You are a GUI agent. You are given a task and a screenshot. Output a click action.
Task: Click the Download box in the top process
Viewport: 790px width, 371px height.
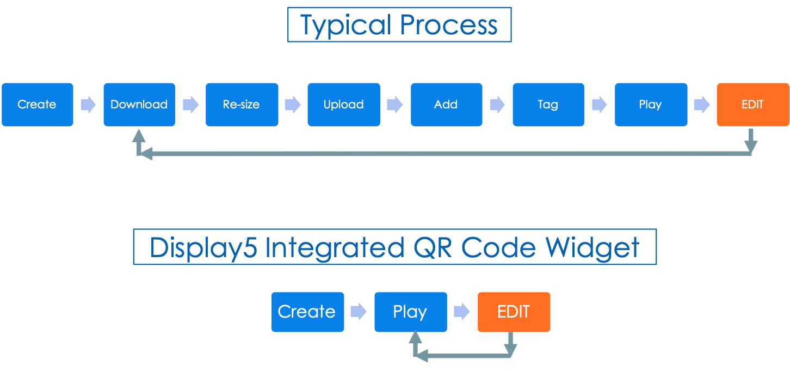[139, 105]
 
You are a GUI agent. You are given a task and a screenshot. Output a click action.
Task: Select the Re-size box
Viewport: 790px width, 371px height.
[242, 105]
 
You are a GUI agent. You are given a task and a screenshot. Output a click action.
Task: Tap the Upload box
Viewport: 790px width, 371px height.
[343, 105]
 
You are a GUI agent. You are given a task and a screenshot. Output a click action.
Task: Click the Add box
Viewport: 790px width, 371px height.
[446, 105]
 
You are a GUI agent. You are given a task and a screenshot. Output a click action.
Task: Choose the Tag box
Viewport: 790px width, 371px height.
[548, 105]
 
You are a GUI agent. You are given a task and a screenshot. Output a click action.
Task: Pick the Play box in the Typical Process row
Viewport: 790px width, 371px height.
[651, 105]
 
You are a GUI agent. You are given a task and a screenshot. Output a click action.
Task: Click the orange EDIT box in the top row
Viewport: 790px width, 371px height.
[752, 105]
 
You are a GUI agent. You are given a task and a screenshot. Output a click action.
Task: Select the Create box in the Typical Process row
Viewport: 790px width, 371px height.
[37, 105]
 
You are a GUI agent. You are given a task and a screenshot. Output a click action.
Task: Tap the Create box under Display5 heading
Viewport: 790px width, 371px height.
[307, 312]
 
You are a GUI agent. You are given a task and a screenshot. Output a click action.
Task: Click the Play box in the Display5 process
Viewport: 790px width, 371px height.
[410, 312]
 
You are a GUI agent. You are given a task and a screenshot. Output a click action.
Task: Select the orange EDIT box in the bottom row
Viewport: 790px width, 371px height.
[514, 312]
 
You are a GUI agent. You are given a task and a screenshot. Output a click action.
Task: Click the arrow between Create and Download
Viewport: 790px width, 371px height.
[88, 105]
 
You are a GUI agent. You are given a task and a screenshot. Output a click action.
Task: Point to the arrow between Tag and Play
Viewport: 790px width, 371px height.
[599, 105]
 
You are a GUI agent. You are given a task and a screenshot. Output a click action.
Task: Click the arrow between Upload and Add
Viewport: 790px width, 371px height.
[395, 105]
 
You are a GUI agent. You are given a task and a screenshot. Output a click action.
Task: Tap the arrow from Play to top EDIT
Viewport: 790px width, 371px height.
[702, 105]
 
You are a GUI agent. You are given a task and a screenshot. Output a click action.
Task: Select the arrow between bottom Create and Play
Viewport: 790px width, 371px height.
[359, 312]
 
